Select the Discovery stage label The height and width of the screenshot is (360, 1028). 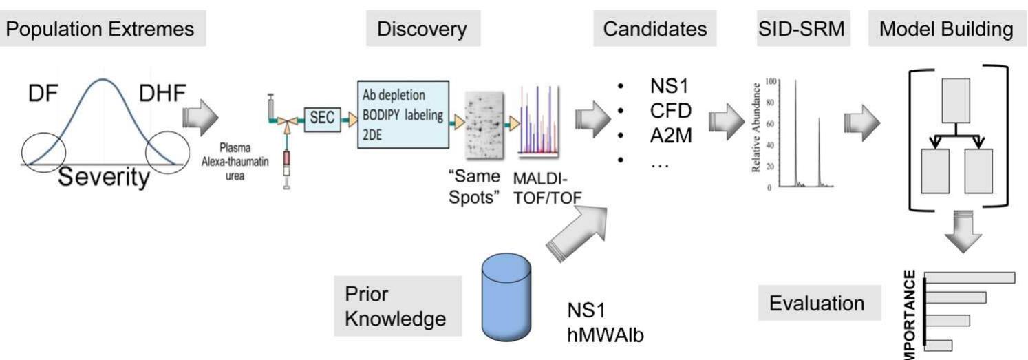(x=421, y=30)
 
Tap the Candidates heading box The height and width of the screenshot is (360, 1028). (x=654, y=30)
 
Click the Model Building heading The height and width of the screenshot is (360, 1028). (x=945, y=30)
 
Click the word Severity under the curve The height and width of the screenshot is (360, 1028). (x=103, y=179)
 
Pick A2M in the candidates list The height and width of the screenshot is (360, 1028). (x=671, y=136)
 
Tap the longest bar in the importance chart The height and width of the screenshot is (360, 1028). (x=971, y=277)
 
